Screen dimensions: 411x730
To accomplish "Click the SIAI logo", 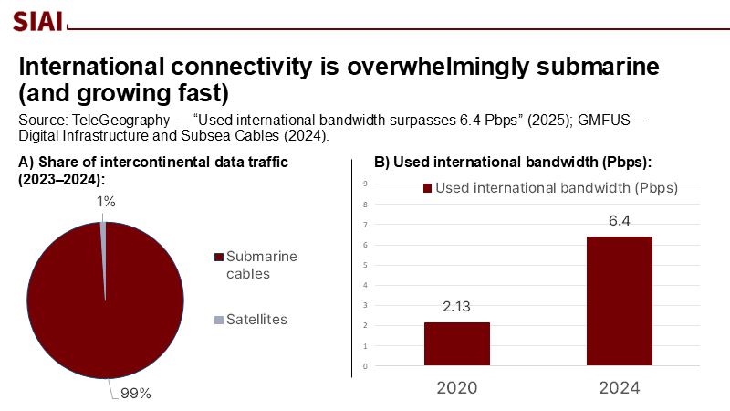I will point(37,18).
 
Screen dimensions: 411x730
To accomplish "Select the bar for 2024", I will point(619,301).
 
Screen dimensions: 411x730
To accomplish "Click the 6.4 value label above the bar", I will point(619,221).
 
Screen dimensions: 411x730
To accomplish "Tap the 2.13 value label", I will point(456,307).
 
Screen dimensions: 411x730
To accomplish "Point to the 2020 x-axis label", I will point(456,387).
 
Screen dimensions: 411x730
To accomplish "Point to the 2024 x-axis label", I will point(619,387).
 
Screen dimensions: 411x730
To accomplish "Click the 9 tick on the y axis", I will point(365,184).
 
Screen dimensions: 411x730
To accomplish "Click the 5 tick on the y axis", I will point(365,265).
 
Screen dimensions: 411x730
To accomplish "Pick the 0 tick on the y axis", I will point(365,366).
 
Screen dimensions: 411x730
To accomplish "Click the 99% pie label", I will point(133,394).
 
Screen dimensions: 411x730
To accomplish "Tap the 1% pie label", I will point(107,202).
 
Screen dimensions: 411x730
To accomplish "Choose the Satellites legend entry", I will point(256,320).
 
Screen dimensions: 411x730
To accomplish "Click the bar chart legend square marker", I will point(426,188).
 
